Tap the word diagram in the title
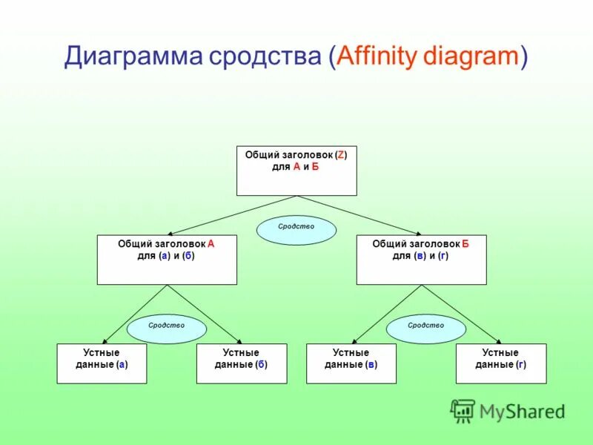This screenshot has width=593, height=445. (x=471, y=57)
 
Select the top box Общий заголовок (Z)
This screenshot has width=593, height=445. (x=296, y=171)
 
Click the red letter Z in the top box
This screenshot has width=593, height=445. (x=340, y=155)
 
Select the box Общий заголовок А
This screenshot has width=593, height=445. (x=167, y=260)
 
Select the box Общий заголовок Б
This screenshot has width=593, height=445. (x=421, y=260)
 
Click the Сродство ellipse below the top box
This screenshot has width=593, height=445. (x=296, y=229)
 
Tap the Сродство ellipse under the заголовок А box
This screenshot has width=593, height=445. (x=167, y=328)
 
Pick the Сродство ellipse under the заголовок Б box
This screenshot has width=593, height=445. (x=425, y=328)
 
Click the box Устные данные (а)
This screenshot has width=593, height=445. (x=102, y=363)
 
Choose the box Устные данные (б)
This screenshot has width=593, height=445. (x=241, y=363)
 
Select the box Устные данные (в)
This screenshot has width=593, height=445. (x=351, y=363)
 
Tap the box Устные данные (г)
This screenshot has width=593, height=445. (x=501, y=363)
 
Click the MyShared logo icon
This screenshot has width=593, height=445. (x=463, y=410)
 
